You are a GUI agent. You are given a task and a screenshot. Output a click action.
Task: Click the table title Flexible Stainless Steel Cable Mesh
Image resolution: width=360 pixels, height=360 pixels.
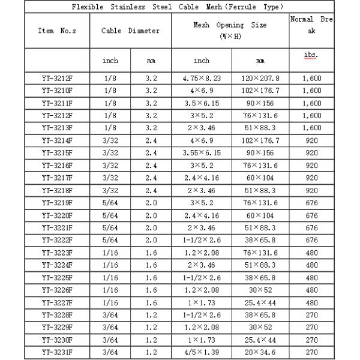178,7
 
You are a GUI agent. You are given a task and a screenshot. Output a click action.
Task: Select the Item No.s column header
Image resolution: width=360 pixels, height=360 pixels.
58,30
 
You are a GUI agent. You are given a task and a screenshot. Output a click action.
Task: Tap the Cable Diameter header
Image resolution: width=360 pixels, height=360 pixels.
130,30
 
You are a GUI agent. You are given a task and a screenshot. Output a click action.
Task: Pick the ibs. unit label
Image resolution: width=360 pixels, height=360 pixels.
311,55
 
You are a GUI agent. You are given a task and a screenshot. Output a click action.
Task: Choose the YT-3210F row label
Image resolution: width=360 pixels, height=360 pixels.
58,90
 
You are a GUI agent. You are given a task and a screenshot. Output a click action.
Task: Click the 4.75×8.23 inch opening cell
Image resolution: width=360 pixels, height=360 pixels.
202,78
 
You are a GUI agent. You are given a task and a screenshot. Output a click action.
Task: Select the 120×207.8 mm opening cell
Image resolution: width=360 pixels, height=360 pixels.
260,78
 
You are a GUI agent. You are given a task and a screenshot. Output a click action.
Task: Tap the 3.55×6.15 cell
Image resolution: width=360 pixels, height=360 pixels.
202,152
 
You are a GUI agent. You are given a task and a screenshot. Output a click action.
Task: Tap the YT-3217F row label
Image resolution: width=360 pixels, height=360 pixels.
58,177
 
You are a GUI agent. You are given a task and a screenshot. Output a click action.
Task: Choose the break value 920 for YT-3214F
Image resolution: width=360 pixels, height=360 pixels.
311,140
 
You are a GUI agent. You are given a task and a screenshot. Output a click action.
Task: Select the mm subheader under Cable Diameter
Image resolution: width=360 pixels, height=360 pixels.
151,61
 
